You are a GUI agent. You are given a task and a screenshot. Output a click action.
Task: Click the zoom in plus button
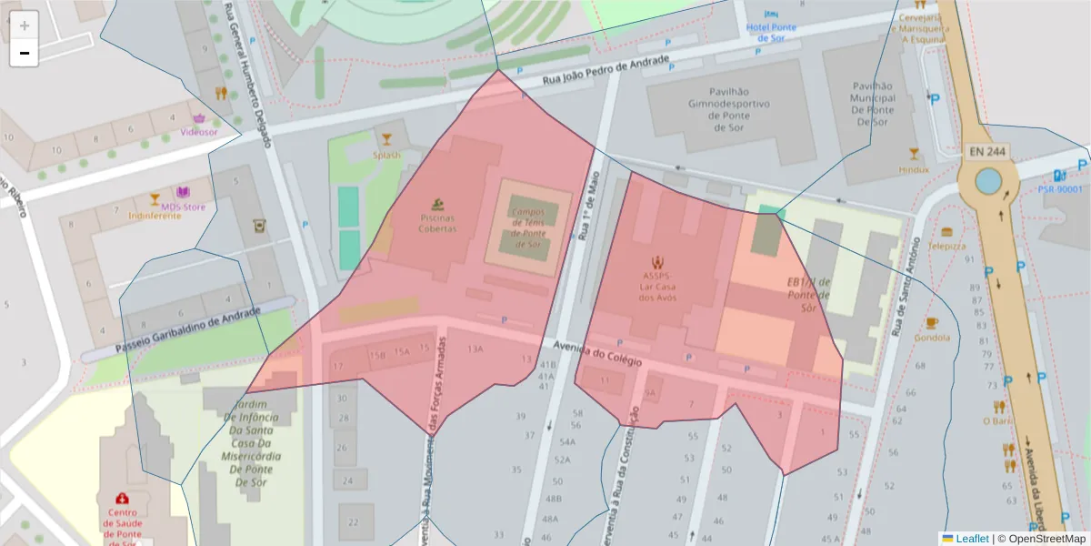[x=25, y=25]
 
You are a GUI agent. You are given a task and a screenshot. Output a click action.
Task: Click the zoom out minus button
[x=25, y=53]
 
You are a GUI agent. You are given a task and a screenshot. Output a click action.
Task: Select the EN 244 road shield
[x=986, y=151]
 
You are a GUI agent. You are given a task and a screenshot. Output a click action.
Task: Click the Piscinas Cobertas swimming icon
[x=437, y=205]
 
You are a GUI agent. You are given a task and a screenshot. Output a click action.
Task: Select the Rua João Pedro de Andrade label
[x=606, y=72]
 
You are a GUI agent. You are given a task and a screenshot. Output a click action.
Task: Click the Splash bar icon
[x=386, y=139]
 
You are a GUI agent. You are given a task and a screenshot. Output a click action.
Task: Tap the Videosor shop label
[x=199, y=132]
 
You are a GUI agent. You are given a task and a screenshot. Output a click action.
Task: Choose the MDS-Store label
[x=183, y=206]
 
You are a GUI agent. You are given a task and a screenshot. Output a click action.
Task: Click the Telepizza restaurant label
[x=946, y=246]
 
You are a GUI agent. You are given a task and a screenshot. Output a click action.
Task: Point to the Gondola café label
[x=932, y=338]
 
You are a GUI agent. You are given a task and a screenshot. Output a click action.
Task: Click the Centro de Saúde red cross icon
[x=122, y=499]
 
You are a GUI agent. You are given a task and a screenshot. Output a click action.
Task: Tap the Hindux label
[x=914, y=169]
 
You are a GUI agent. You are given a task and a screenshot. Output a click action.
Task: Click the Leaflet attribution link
[x=971, y=539]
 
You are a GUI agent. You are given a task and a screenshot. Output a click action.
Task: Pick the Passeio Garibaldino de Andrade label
[x=188, y=331]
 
